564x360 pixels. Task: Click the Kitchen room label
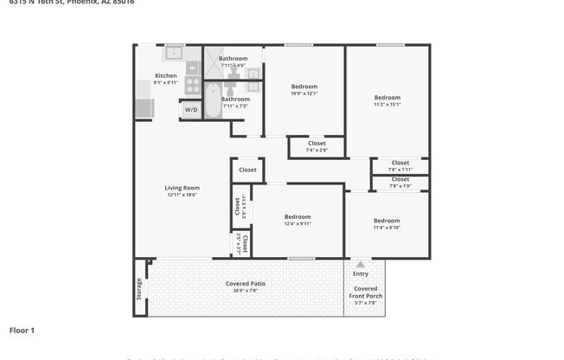coord(165,75)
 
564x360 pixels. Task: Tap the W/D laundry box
coord(190,110)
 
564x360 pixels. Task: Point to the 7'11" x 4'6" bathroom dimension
coord(233,66)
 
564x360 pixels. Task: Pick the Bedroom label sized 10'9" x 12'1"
coord(304,87)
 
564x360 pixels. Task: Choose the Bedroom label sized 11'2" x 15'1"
coord(387,98)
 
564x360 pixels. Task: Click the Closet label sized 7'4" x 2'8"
coord(317,144)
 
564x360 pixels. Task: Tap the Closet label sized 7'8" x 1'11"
coord(400,163)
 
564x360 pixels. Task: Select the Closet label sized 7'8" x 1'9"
coord(400,179)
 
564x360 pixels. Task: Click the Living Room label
coord(182,188)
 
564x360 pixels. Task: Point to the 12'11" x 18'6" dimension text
coord(182,195)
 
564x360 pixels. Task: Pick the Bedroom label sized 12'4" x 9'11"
coord(297,216)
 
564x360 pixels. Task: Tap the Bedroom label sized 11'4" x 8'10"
coord(386,221)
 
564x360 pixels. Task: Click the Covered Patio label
coord(245,284)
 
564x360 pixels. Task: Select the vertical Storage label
coord(138,286)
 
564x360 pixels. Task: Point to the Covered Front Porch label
coord(364,292)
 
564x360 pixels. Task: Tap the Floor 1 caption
coord(22,330)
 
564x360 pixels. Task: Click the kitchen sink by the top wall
coord(174,53)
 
